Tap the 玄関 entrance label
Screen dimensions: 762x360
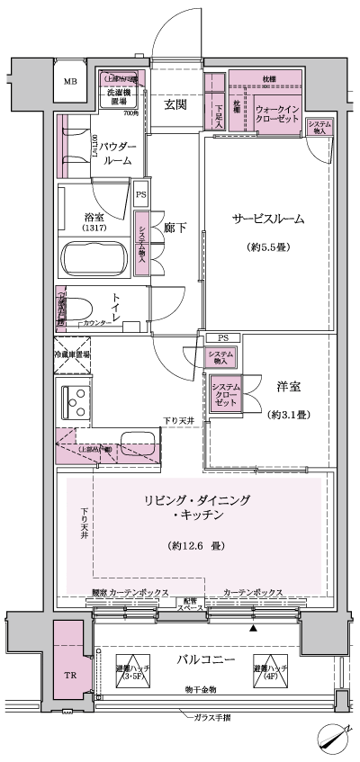(176, 103)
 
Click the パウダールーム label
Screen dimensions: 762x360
(118, 153)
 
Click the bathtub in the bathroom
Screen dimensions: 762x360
(94, 261)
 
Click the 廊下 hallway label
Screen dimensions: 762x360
(176, 229)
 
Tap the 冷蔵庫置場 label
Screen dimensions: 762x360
(75, 354)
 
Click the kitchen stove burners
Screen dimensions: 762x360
(73, 399)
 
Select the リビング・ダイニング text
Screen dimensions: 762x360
(195, 500)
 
